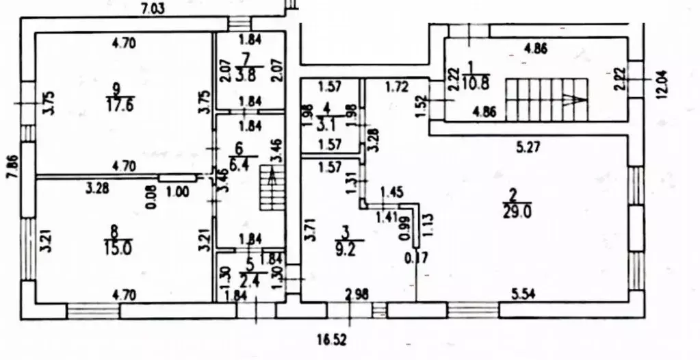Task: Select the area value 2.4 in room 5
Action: (248, 277)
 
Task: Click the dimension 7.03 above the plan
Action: (154, 9)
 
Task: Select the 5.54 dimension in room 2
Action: (524, 294)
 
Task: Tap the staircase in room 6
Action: (271, 192)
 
